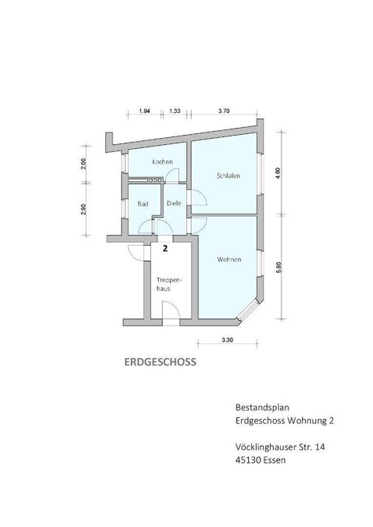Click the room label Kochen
161,162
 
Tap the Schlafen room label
228,176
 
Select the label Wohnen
228,259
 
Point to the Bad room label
143,204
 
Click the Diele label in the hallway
174,204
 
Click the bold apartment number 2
165,250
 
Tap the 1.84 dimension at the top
144,112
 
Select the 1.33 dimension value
174,112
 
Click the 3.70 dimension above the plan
224,112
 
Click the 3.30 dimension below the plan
226,340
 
